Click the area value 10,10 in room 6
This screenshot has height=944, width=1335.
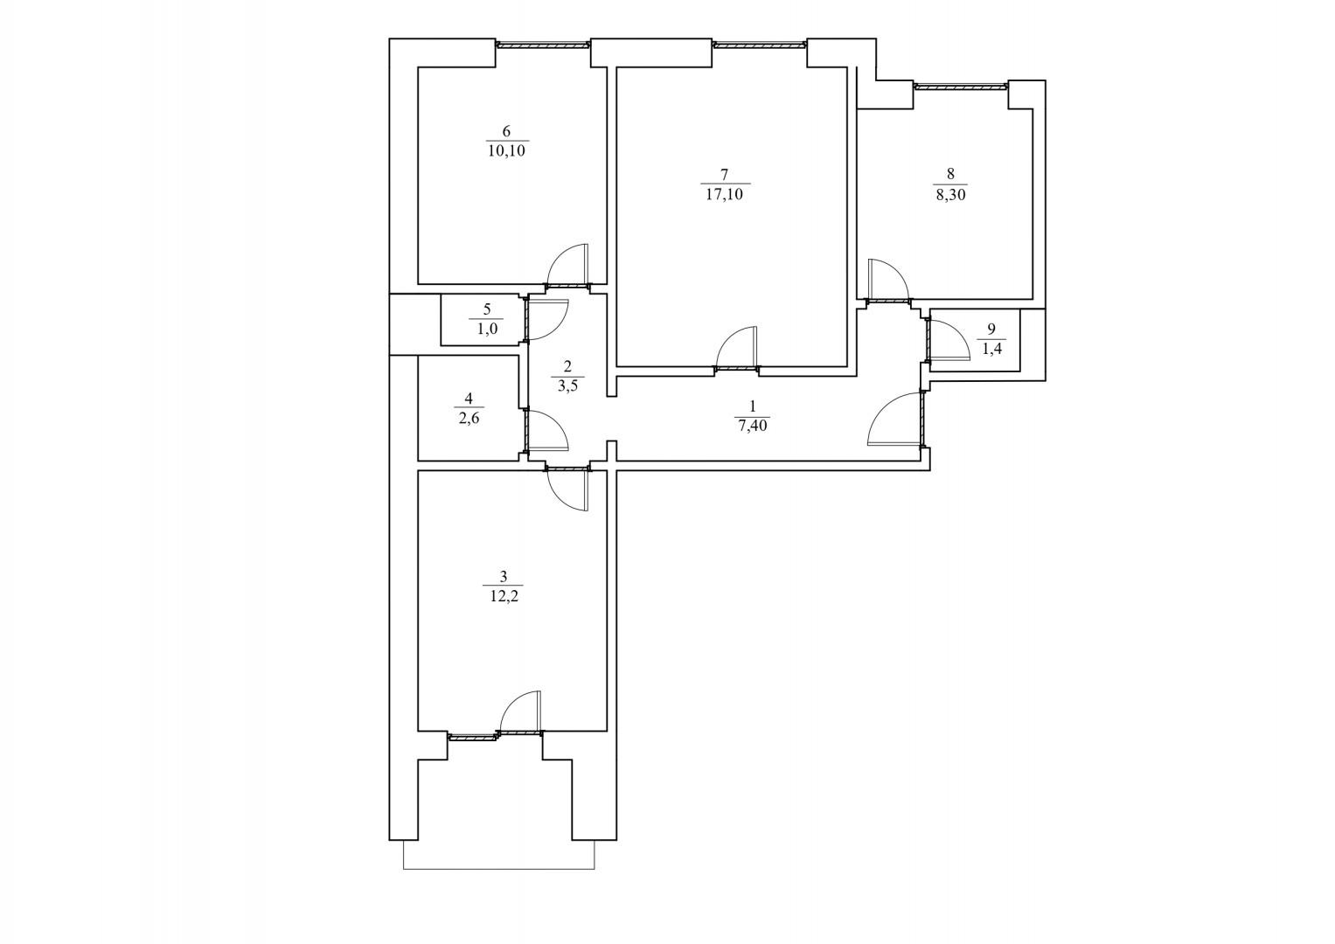point(506,150)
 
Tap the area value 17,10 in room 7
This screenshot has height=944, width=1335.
point(724,194)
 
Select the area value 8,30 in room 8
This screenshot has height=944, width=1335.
point(950,194)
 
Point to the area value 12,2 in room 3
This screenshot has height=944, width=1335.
point(504,596)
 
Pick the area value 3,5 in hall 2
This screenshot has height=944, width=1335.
point(567,385)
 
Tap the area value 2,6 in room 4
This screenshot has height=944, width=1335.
point(469,418)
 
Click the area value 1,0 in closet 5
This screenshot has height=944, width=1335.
point(488,329)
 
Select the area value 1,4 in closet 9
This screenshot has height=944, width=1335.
point(991,349)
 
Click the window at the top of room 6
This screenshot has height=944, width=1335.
point(544,44)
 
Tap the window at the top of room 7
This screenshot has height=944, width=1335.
point(760,44)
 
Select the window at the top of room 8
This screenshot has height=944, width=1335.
point(961,87)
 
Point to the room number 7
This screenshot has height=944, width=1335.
point(724,175)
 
